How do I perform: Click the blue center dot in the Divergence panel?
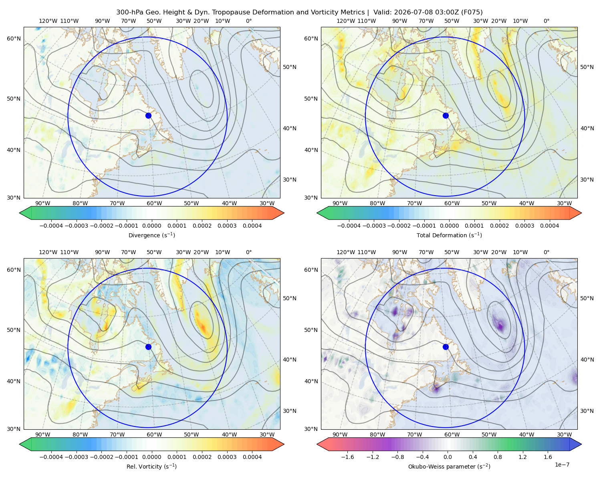[x=148, y=116]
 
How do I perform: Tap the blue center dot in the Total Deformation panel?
[x=446, y=116]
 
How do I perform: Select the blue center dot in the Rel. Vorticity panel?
[x=148, y=347]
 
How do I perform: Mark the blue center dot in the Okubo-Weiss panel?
[x=446, y=347]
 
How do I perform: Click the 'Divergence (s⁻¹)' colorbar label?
[x=151, y=235]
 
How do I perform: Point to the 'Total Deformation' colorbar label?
[x=442, y=235]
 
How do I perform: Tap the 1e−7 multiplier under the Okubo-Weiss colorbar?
[x=562, y=465]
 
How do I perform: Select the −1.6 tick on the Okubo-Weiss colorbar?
[x=347, y=457]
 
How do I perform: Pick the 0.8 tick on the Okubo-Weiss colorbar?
[x=498, y=457]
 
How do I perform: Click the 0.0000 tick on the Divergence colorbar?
[x=151, y=226]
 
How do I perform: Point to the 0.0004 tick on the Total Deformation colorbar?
[x=550, y=226]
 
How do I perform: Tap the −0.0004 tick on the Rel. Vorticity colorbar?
[x=51, y=457]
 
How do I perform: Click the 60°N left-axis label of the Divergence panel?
[x=14, y=38]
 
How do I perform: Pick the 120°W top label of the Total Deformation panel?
[x=346, y=21]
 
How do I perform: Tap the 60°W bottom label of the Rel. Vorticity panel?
[x=154, y=435]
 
